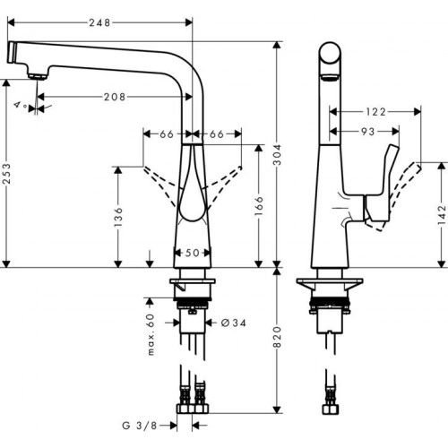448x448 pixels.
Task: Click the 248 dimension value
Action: coord(99,23)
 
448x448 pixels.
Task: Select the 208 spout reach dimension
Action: coord(113,96)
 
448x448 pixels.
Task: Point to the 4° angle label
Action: coord(18,105)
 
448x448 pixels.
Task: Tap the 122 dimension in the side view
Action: coord(375,112)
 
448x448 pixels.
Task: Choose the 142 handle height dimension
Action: coord(441,215)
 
